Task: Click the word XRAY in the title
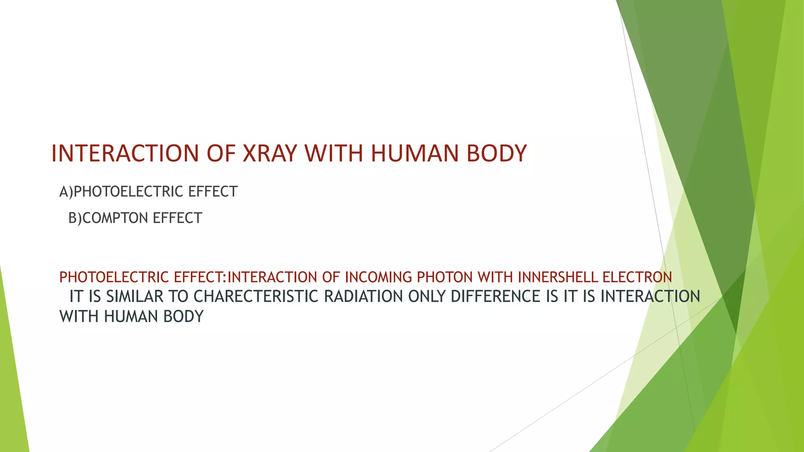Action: (x=269, y=153)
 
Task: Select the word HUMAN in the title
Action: (x=415, y=153)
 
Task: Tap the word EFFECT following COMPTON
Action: (x=177, y=218)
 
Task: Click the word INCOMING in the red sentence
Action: (x=378, y=277)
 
